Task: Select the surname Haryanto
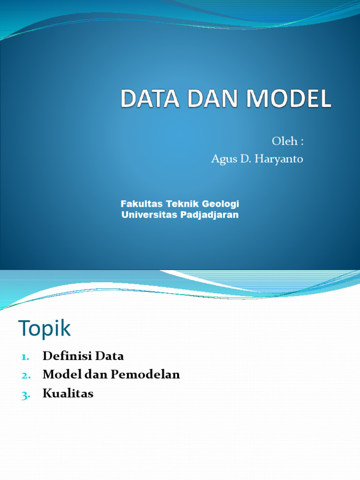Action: coord(280,159)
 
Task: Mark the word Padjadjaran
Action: coord(209,215)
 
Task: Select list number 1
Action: coord(25,357)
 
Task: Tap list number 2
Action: coord(25,375)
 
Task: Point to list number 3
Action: coord(25,395)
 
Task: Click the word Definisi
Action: coord(66,356)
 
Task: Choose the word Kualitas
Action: coord(68,394)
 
